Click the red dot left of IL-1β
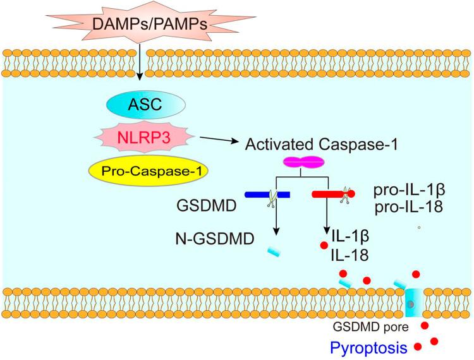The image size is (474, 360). [324, 243]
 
